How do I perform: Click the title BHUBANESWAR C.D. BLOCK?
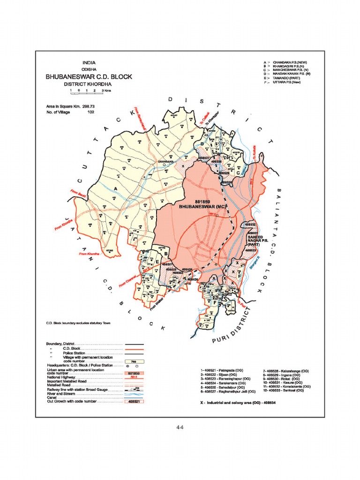[89, 76]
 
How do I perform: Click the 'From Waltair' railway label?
[158, 303]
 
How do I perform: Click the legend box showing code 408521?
[135, 402]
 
